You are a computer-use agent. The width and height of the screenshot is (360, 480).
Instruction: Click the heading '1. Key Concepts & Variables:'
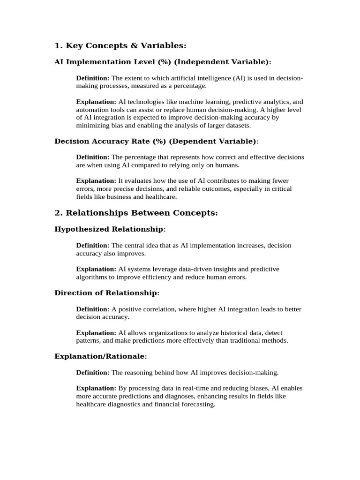[x=120, y=45]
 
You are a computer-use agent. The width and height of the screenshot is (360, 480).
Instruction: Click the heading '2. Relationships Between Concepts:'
[x=136, y=213]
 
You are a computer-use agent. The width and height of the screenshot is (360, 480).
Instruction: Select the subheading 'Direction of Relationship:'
[x=107, y=293]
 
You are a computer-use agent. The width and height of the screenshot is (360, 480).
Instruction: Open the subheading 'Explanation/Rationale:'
[x=101, y=357]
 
